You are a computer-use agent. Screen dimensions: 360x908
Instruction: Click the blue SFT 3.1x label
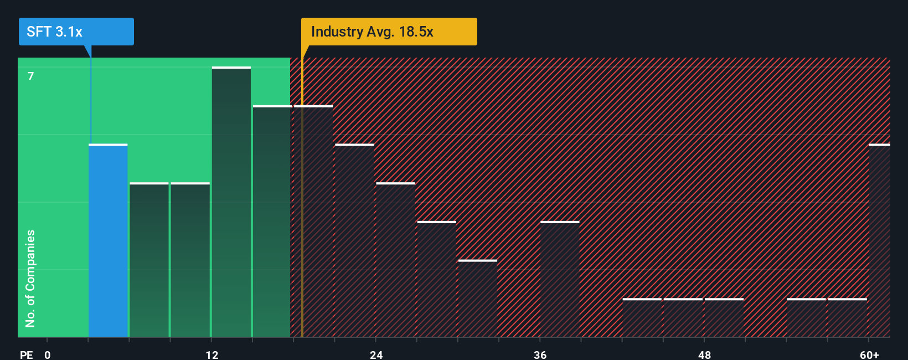(x=76, y=32)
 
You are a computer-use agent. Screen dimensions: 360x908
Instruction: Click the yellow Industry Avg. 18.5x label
(x=389, y=32)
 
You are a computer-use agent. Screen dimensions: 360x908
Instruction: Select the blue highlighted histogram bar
(x=108, y=241)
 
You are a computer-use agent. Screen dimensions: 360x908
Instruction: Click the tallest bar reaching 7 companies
(x=231, y=202)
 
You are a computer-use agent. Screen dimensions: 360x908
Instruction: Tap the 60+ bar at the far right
(x=879, y=241)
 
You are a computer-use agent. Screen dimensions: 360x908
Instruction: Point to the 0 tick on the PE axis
(x=48, y=354)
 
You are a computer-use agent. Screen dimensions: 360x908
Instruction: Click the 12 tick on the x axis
(x=211, y=354)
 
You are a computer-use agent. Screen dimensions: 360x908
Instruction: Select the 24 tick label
(x=376, y=354)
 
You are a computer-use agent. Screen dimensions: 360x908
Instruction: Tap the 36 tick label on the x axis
(x=540, y=354)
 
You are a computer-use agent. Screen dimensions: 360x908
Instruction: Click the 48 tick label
(x=704, y=354)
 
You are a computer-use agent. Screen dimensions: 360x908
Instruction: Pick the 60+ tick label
(x=869, y=354)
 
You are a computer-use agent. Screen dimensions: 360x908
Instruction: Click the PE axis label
(x=26, y=354)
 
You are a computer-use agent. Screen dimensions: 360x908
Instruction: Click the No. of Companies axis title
(x=30, y=278)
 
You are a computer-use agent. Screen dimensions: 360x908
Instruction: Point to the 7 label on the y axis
(x=31, y=76)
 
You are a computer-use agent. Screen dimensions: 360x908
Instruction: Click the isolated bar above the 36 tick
(x=560, y=280)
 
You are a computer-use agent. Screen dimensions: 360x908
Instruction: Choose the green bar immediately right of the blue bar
(x=149, y=260)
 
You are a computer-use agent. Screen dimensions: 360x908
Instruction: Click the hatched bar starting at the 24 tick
(x=395, y=260)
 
